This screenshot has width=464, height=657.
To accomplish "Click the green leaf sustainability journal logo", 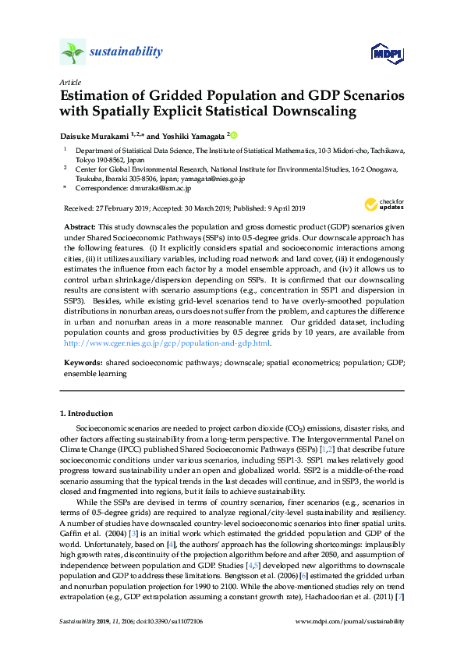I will [73, 52].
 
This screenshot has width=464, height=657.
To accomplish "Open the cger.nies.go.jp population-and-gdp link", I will [167, 343].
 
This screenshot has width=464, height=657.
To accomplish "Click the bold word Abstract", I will [81, 225].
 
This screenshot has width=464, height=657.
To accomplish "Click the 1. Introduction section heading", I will [87, 413].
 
